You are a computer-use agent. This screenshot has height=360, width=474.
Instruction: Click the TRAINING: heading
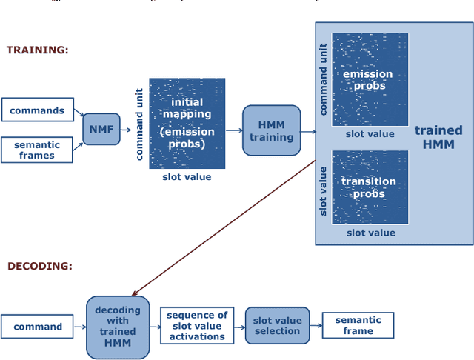[x=37, y=50]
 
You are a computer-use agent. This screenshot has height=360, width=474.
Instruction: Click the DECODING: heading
[x=40, y=265]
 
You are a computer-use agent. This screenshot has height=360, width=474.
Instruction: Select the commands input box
[x=37, y=111]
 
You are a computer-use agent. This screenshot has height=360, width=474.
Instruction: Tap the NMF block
[x=101, y=130]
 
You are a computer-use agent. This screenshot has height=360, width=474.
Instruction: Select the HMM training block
[x=271, y=130]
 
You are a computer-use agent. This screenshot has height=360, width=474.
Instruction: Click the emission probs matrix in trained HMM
[x=370, y=79]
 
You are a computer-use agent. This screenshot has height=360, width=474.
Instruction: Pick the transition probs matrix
[x=370, y=187]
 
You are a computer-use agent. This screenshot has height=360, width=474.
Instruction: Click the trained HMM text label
[x=438, y=137]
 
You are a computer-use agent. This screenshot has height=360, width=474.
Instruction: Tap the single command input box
[x=38, y=327]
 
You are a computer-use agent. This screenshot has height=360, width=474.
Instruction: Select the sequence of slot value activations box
[x=196, y=326]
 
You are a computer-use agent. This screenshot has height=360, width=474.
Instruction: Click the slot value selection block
[x=277, y=326]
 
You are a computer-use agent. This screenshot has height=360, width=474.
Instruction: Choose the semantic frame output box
[x=358, y=325]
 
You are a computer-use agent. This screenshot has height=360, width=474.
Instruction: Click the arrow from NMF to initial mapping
[x=127, y=130]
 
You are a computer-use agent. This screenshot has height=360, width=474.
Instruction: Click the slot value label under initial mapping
[x=187, y=177]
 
